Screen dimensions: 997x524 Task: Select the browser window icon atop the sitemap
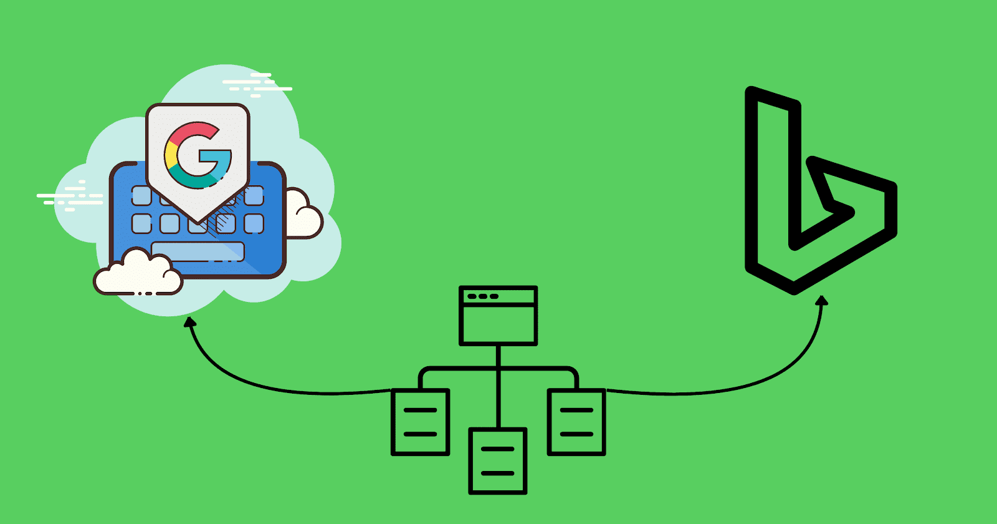[498, 316]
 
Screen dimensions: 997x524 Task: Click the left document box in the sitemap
[420, 422]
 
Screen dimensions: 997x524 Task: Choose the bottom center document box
[498, 461]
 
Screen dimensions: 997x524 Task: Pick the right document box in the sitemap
[576, 422]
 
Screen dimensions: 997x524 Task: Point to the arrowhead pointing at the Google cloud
[190, 321]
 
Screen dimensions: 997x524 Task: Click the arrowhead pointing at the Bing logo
[822, 301]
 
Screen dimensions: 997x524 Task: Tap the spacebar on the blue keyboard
[198, 251]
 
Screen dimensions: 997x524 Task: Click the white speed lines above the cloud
[257, 85]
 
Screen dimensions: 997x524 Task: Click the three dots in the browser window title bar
[483, 296]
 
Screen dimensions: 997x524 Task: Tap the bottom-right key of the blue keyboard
[254, 224]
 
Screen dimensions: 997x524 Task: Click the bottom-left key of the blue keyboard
[141, 224]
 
